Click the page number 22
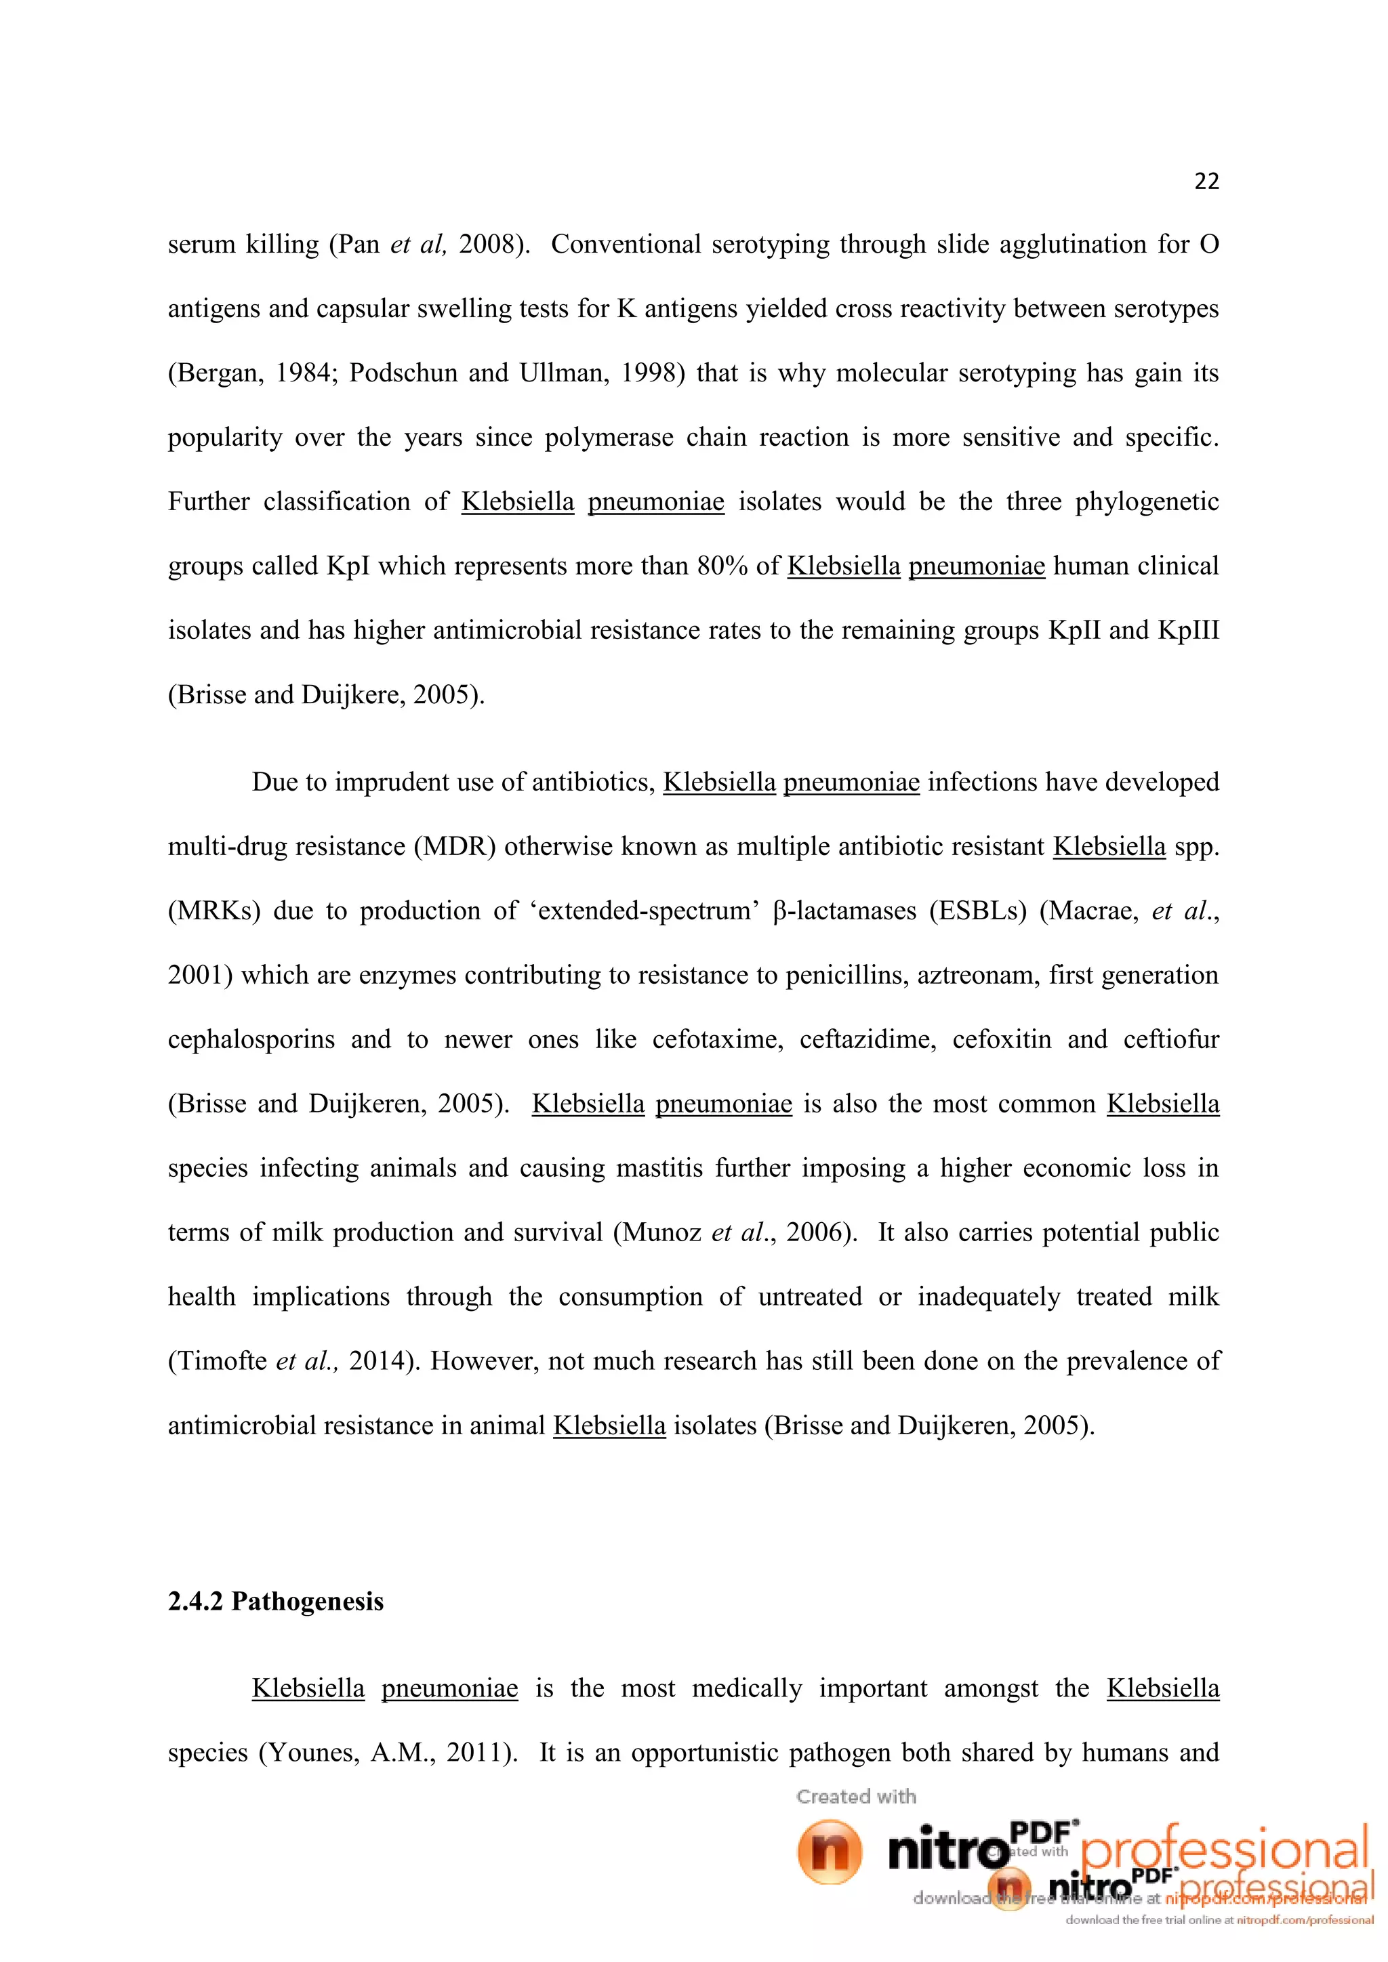pyautogui.click(x=1206, y=181)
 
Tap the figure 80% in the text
pyautogui.click(x=722, y=566)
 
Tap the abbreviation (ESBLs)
pyautogui.click(x=978, y=911)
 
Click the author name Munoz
pyautogui.click(x=661, y=1232)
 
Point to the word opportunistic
pyautogui.click(x=704, y=1753)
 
